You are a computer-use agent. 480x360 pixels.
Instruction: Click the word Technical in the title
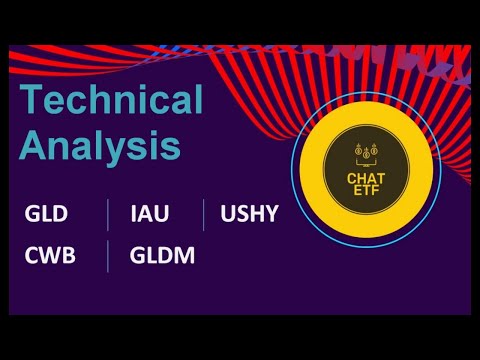click(112, 101)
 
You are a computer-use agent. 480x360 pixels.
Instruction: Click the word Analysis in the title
click(100, 146)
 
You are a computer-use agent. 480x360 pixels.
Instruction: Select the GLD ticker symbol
click(47, 214)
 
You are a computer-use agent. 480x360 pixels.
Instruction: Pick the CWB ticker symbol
click(50, 255)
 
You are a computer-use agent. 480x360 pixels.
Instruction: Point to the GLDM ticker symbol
click(162, 255)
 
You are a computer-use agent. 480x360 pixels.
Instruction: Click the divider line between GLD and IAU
click(108, 214)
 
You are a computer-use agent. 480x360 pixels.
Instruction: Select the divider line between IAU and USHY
click(204, 214)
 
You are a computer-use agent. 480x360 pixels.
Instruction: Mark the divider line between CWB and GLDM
click(108, 256)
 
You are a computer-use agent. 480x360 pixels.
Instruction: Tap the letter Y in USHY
click(272, 214)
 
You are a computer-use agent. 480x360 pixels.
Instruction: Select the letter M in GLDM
click(184, 255)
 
